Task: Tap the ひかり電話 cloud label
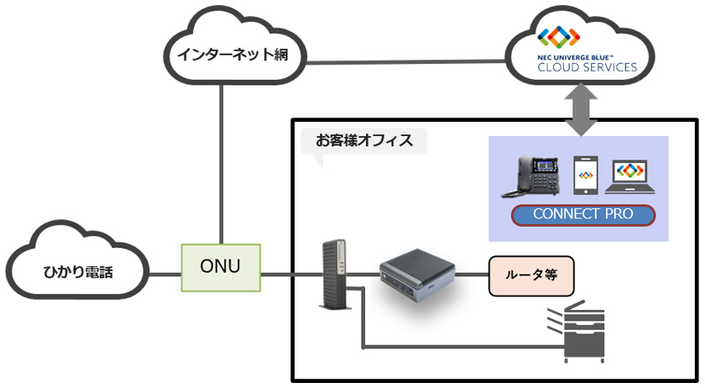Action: point(78,271)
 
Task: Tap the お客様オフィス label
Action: point(364,140)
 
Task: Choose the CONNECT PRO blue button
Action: point(582,214)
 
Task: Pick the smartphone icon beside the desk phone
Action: point(586,175)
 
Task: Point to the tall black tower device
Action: point(332,273)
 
